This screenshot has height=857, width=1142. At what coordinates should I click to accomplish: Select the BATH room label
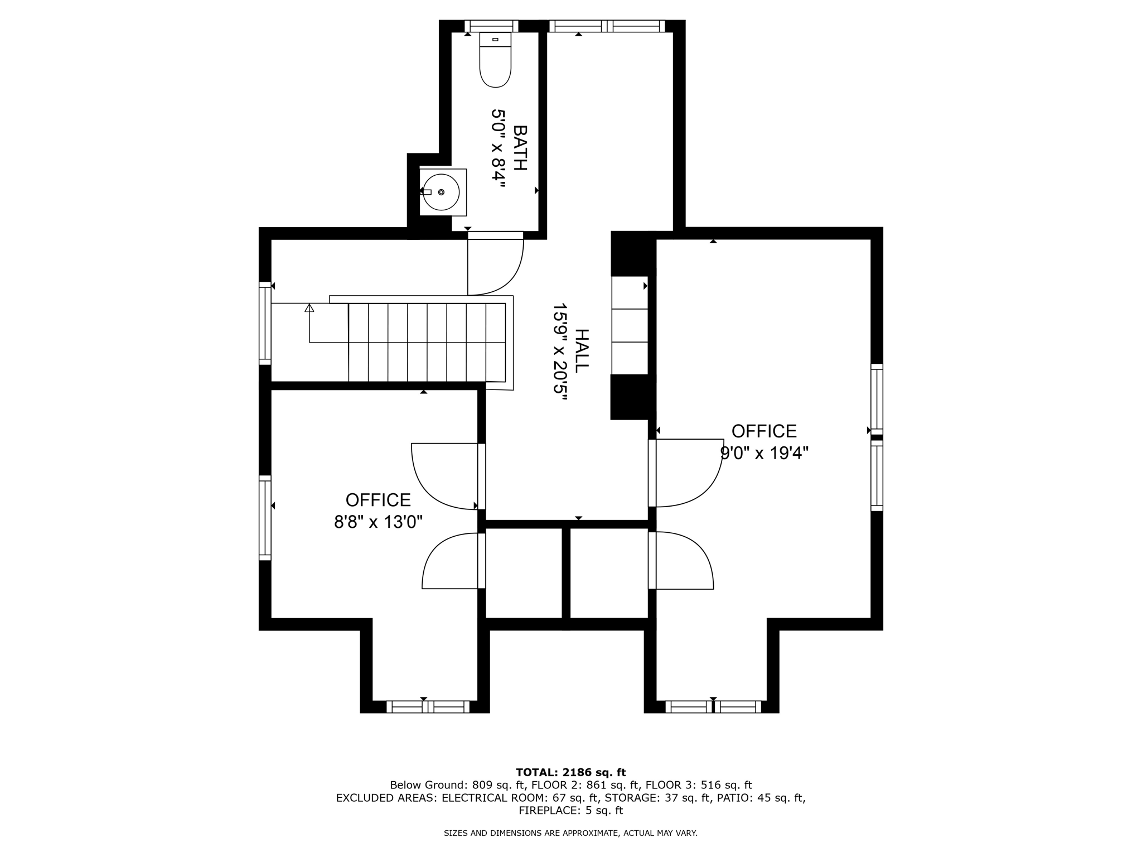(x=519, y=148)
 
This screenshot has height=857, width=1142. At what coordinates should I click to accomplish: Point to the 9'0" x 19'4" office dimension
(x=764, y=453)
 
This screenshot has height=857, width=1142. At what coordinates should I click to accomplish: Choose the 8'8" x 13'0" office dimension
(x=378, y=522)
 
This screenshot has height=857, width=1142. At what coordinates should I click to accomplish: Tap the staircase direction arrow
(x=309, y=308)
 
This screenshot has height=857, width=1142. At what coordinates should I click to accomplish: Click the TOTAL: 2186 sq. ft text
(x=570, y=772)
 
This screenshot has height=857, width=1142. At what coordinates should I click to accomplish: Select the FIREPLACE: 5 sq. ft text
(x=570, y=811)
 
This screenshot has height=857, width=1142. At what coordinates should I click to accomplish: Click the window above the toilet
(x=491, y=26)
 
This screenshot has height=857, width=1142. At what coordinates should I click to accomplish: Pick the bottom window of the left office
(x=428, y=707)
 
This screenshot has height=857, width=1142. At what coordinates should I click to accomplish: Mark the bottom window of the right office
(x=713, y=707)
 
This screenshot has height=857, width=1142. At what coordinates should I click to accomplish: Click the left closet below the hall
(x=523, y=573)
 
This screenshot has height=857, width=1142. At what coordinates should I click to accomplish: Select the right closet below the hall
(x=608, y=573)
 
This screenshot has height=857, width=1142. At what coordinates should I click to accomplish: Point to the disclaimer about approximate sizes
(x=570, y=833)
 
